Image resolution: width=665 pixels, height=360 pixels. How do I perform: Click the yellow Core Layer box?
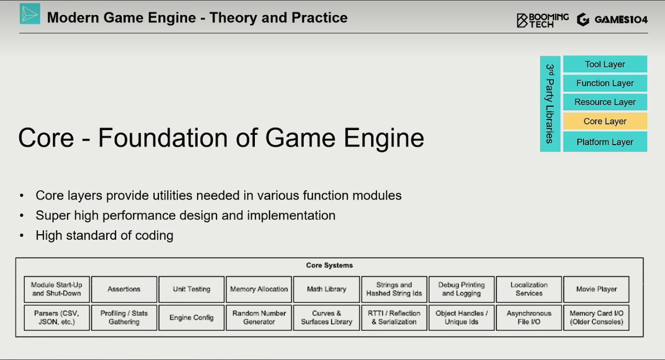(605, 121)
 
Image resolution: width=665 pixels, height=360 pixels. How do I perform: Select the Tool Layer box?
(605, 64)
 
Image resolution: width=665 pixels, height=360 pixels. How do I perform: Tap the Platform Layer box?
(605, 142)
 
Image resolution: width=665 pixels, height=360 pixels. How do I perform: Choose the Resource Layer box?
(605, 102)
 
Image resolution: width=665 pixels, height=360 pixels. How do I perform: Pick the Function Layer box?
(605, 83)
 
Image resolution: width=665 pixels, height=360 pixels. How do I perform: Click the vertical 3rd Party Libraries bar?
(550, 104)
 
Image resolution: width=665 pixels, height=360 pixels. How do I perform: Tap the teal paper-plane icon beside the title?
(30, 14)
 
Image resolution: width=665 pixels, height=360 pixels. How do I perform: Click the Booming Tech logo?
(543, 20)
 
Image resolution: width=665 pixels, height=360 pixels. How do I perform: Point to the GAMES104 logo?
(612, 20)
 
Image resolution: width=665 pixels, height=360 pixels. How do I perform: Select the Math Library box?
(327, 289)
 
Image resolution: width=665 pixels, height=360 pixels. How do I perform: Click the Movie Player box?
(596, 289)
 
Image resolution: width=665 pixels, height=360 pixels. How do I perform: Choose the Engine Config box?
(192, 318)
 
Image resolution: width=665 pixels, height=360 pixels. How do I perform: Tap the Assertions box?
(124, 289)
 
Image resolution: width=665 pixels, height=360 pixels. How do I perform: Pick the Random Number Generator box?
(259, 318)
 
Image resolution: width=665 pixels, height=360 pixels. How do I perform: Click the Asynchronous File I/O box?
(529, 318)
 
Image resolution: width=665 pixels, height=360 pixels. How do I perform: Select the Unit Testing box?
(192, 289)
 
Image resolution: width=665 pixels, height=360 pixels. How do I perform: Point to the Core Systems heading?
(329, 265)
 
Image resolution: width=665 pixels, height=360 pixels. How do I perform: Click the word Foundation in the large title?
(163, 138)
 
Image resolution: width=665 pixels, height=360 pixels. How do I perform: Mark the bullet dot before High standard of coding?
(21, 236)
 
